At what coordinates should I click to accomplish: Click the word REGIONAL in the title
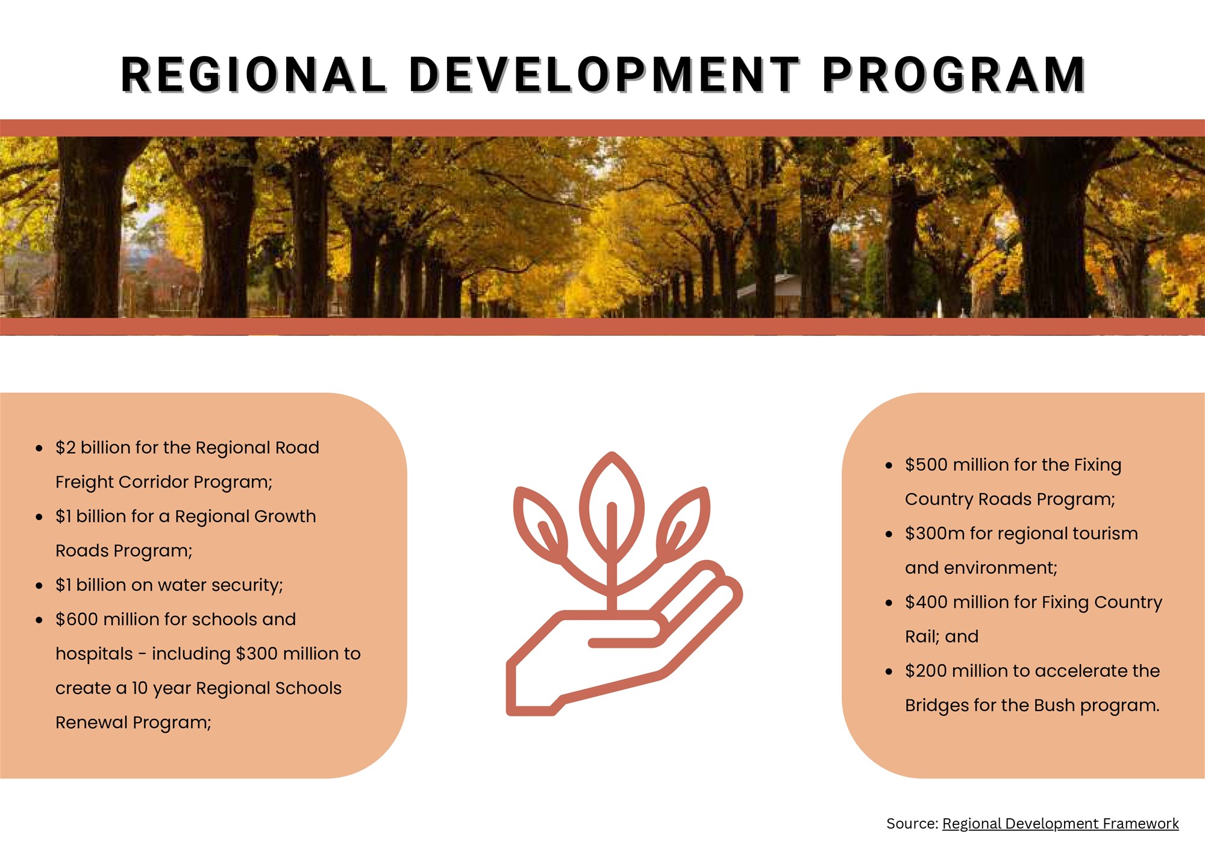point(253,75)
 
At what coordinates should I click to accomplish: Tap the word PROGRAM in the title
point(954,75)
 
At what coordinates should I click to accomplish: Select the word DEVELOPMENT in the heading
point(604,75)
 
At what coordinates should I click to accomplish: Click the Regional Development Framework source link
point(1060,823)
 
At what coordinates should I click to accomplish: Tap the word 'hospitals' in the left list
point(94,654)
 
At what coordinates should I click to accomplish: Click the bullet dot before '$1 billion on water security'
point(39,585)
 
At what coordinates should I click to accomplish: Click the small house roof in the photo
point(768,283)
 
